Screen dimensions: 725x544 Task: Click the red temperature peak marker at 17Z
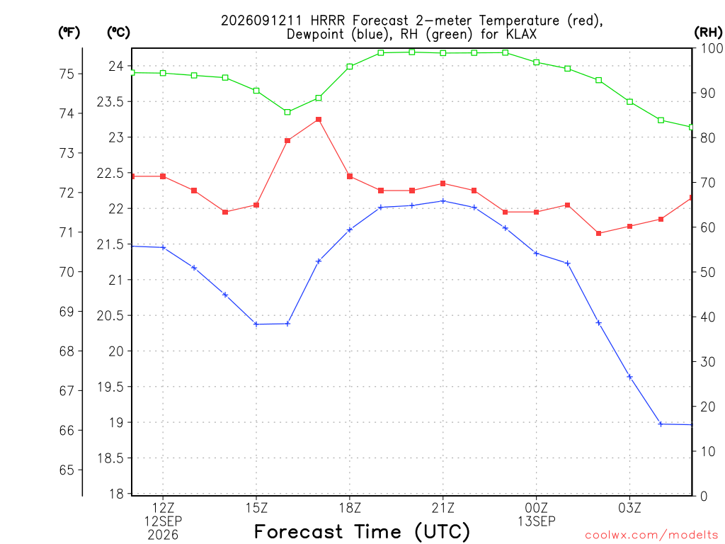tap(319, 120)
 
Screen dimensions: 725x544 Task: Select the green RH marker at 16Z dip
tap(287, 112)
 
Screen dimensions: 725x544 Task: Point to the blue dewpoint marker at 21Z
tap(443, 201)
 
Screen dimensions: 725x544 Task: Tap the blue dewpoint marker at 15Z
tap(256, 324)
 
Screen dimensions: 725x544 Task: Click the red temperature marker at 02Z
tap(599, 234)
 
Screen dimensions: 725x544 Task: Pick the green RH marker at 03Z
tap(629, 102)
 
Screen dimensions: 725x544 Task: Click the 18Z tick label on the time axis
tap(350, 508)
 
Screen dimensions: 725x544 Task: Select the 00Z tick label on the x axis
tap(537, 508)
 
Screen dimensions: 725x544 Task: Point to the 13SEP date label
tap(537, 521)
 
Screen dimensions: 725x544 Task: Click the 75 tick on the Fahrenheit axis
tap(67, 74)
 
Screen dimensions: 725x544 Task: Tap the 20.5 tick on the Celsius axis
tap(110, 315)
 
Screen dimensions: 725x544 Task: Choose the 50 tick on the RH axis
tap(707, 272)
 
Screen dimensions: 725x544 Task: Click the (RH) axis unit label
tap(708, 33)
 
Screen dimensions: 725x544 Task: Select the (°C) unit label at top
tap(118, 33)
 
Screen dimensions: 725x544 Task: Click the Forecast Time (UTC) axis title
tap(362, 531)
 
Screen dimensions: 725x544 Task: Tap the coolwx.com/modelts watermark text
tap(651, 535)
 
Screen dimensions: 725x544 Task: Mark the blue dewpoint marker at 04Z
tap(661, 424)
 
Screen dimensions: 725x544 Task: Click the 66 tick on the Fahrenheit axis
tap(67, 430)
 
